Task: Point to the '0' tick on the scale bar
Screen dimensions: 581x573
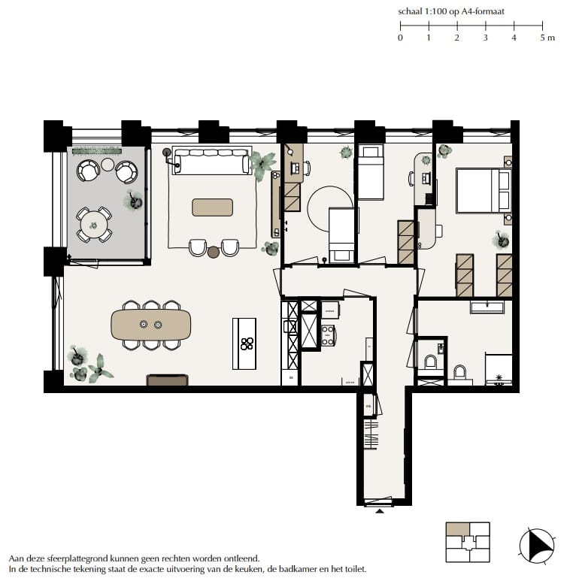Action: (400, 38)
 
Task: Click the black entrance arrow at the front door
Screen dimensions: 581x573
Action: (380, 511)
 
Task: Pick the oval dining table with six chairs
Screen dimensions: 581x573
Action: (151, 325)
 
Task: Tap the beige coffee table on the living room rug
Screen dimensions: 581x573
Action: (212, 207)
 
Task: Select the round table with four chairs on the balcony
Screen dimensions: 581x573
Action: (94, 223)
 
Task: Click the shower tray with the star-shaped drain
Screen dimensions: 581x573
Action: (499, 370)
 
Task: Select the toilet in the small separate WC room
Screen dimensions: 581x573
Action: (431, 361)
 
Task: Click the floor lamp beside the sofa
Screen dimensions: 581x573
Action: (165, 154)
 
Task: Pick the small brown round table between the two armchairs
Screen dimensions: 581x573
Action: (214, 252)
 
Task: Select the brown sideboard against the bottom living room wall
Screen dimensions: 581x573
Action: (167, 381)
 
